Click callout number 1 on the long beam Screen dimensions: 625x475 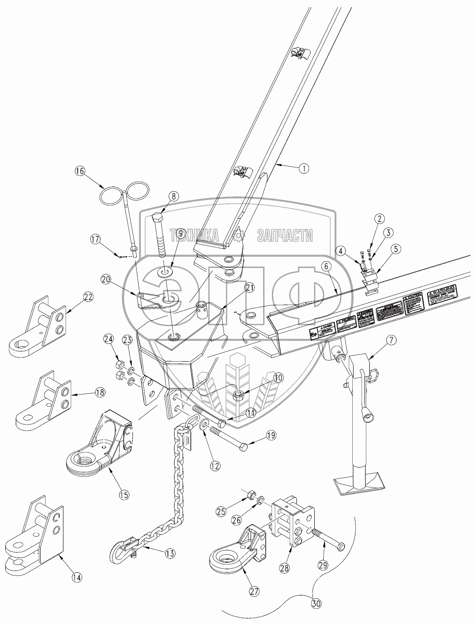point(303,169)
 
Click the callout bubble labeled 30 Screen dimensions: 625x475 point(316,604)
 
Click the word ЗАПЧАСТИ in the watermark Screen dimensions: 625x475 point(285,235)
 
